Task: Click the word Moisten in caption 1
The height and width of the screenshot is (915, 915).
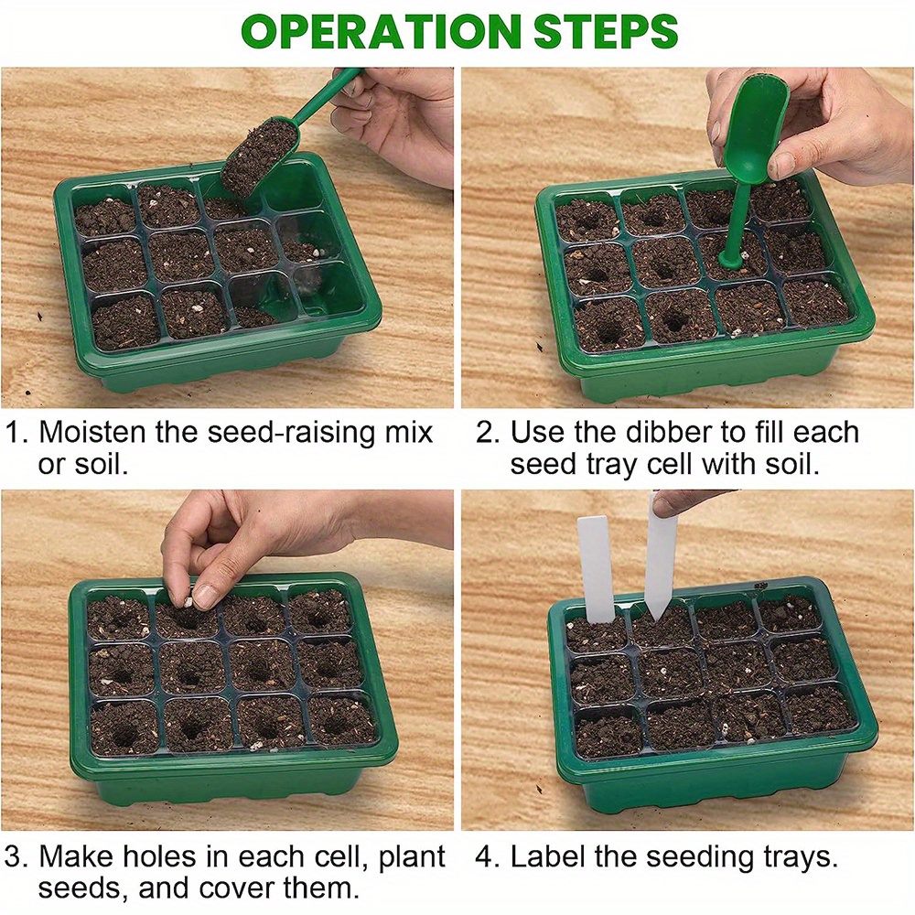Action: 91,432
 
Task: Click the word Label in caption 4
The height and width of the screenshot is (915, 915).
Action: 547,857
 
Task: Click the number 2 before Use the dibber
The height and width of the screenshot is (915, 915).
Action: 486,432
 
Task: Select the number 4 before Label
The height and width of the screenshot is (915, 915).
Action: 486,857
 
